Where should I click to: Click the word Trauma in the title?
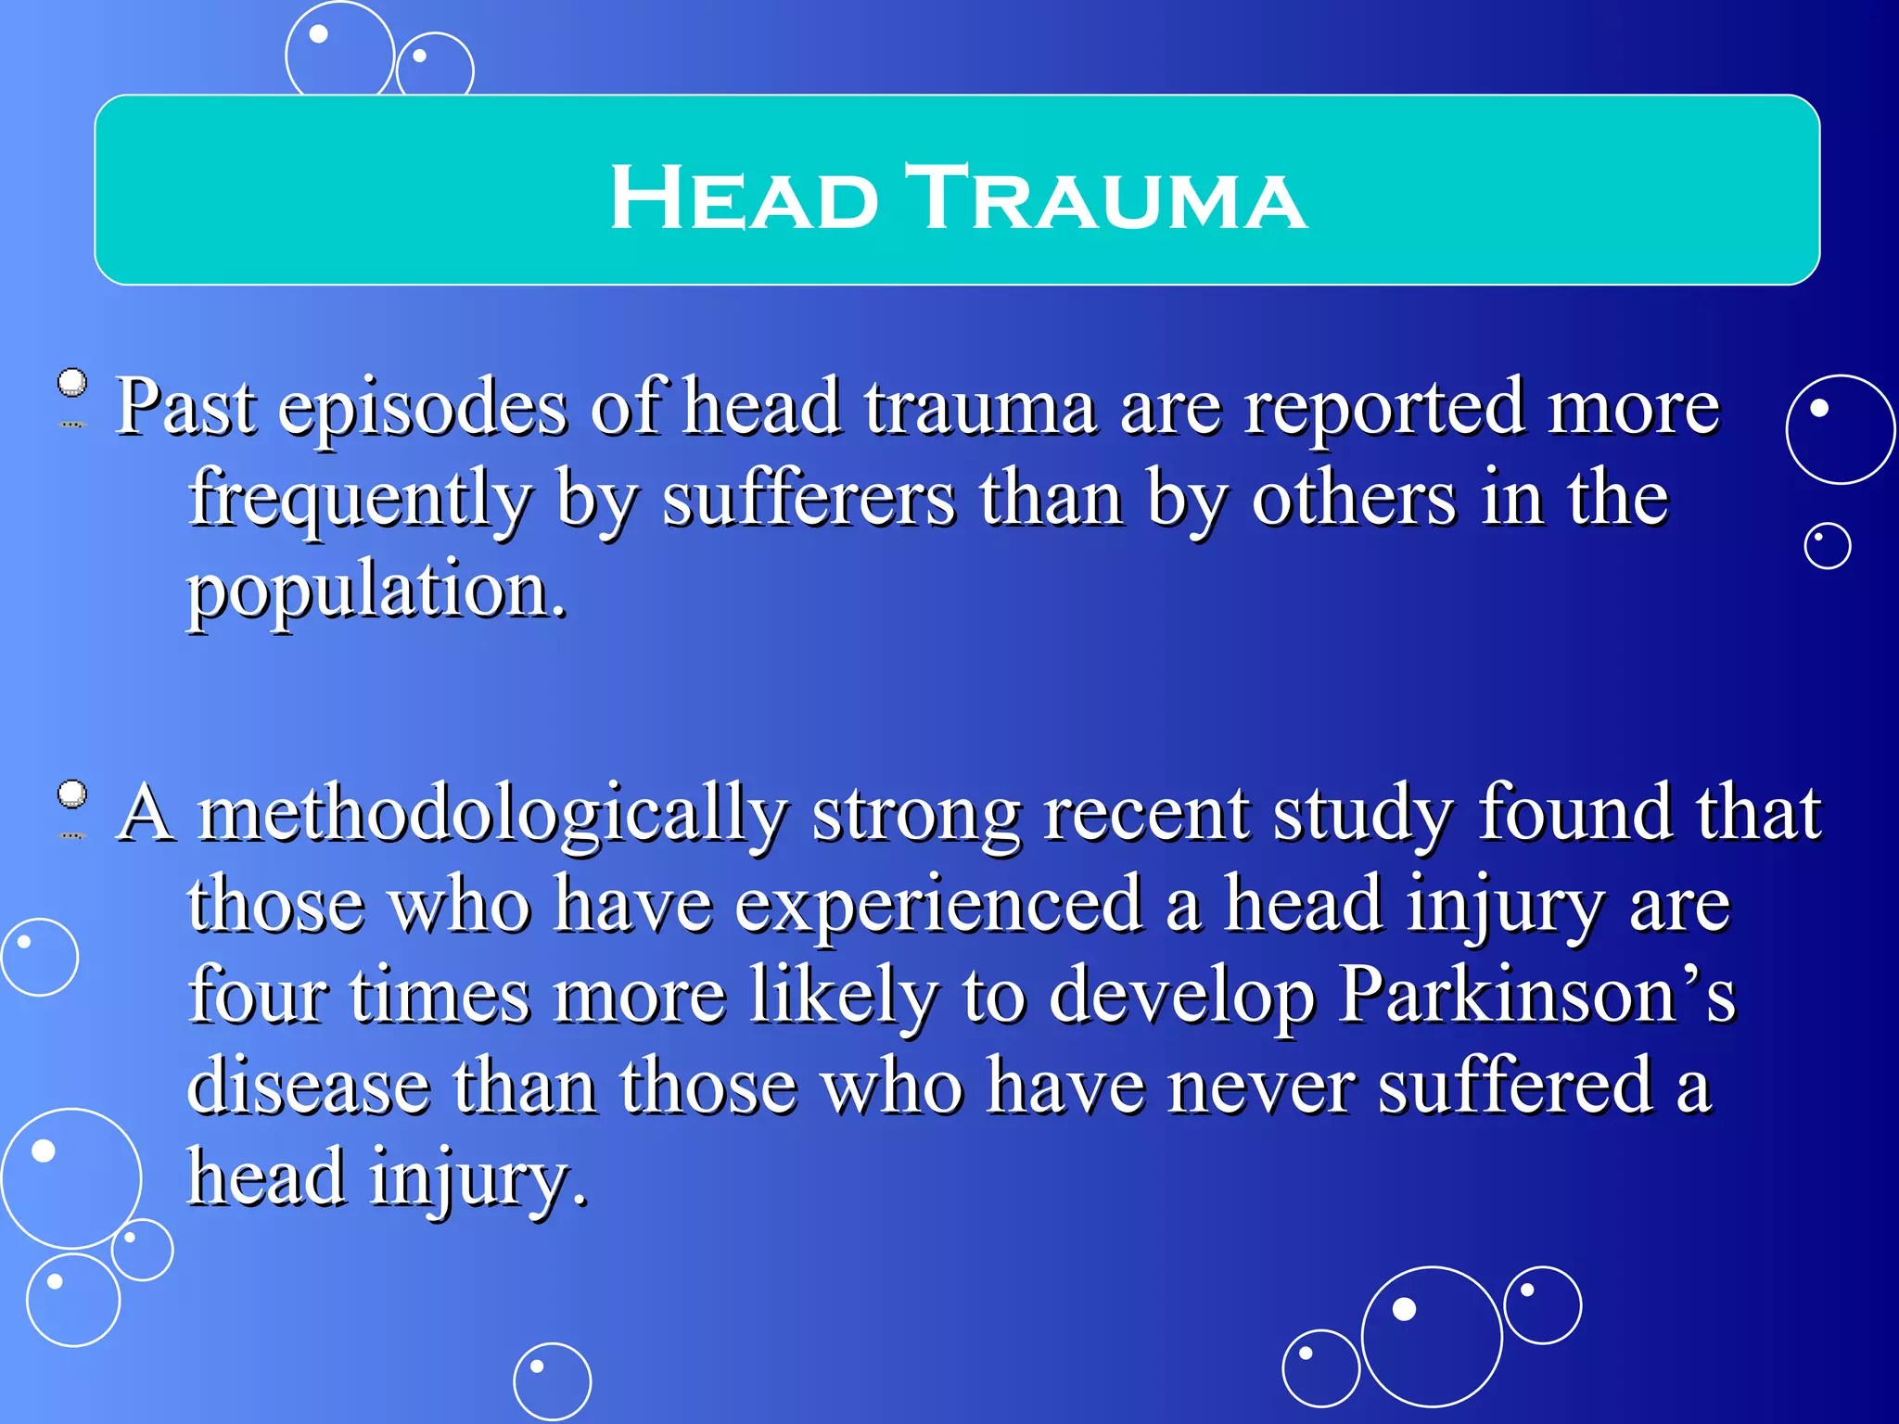coord(1105,197)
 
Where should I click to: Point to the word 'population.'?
coord(376,591)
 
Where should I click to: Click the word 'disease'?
coord(308,1087)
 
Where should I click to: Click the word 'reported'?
coord(1383,410)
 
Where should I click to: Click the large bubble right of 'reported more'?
coord(1841,429)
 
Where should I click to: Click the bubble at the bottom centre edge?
coord(553,1381)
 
